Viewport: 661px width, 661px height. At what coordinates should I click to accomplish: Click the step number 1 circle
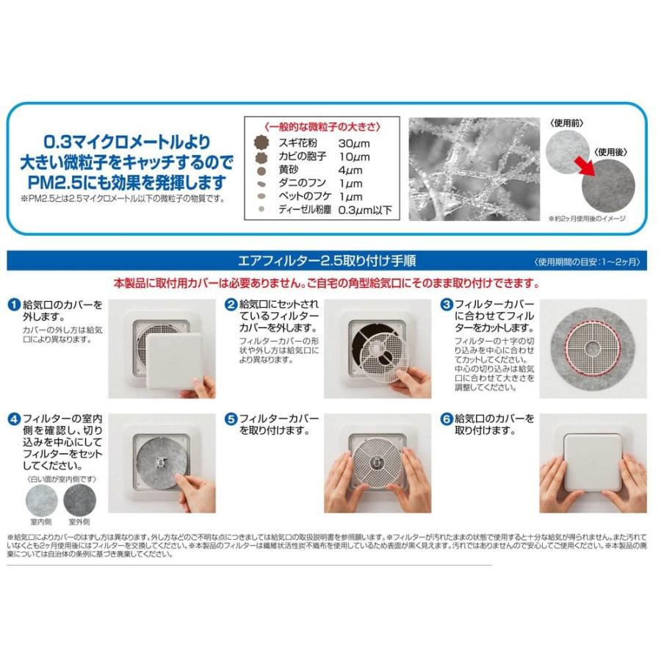point(14,304)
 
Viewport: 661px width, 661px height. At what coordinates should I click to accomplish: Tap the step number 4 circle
point(14,419)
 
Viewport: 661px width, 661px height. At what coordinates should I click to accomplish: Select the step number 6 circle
point(446,419)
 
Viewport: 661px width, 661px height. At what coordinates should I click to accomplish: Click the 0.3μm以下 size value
point(365,210)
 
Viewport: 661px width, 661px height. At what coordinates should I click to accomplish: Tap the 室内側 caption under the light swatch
point(41,521)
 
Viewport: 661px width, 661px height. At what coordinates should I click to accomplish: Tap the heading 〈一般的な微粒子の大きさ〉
point(323,126)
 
